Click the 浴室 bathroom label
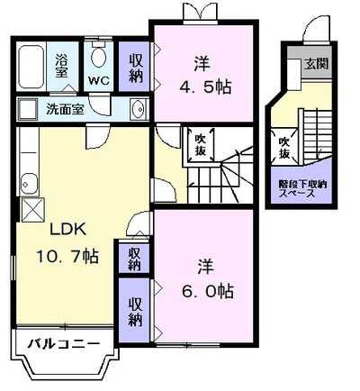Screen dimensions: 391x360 (x=62, y=65)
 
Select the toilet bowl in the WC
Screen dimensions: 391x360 (x=99, y=59)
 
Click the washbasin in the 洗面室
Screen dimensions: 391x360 (x=137, y=111)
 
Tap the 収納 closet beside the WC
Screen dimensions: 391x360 (x=135, y=66)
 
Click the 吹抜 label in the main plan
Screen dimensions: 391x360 (x=200, y=145)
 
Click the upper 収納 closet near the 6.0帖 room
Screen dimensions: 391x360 (x=133, y=259)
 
